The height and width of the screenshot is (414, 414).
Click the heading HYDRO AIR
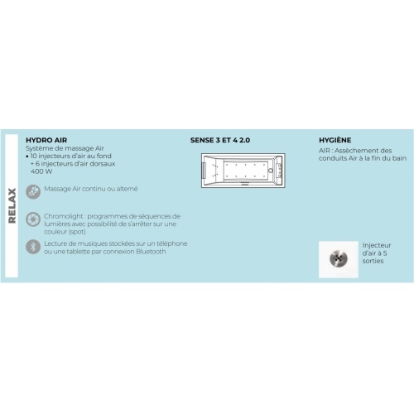coord(46,140)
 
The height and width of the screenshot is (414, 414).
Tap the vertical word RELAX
coord(12,205)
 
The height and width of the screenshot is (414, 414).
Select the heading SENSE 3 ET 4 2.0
coord(220,140)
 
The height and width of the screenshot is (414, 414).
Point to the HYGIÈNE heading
coord(335,140)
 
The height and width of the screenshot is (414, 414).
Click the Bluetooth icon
coord(33,247)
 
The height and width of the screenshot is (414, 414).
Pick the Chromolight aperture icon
coord(33,219)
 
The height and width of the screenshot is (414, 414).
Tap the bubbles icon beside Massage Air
coord(33,191)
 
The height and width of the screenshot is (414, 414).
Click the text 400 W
coord(41,171)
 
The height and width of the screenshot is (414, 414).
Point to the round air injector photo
coord(339,258)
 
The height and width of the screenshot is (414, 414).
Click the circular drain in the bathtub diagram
coord(271,171)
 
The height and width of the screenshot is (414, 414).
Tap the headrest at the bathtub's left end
coord(205,171)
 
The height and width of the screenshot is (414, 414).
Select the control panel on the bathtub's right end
coord(279,171)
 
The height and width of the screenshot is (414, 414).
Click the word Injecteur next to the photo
coord(377,245)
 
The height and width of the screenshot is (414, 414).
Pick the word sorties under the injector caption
coord(373,261)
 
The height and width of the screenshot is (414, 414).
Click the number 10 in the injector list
coord(34,156)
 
